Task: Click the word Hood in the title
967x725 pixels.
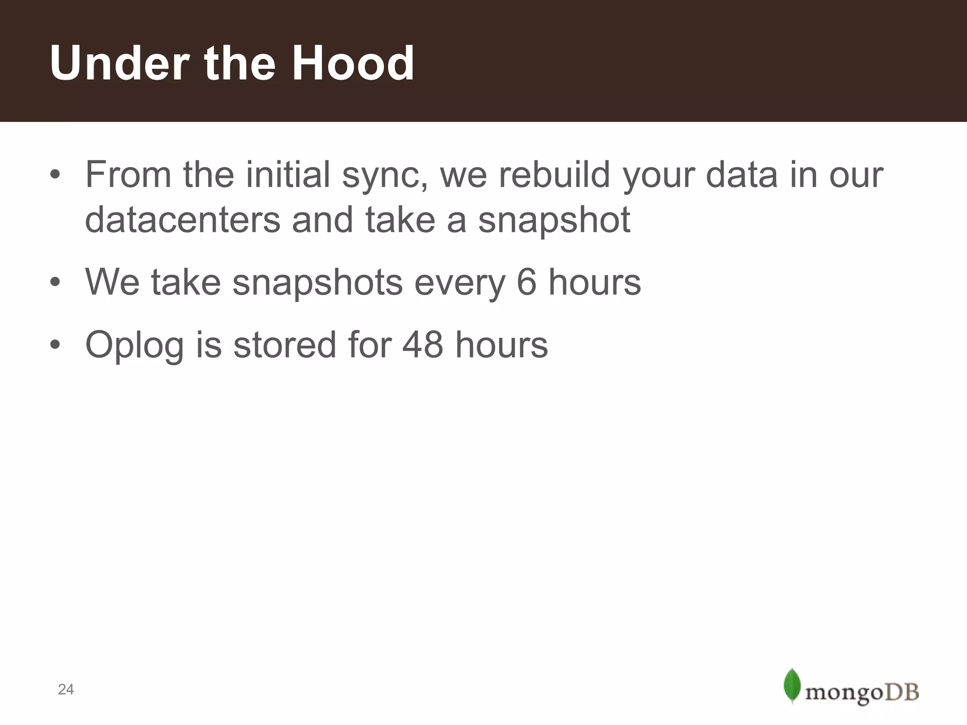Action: (x=352, y=63)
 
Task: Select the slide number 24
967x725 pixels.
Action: (x=66, y=690)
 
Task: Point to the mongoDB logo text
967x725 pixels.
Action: (x=862, y=693)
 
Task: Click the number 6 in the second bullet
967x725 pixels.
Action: (x=526, y=282)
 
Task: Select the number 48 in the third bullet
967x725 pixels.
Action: (x=423, y=345)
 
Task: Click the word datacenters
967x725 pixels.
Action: (x=182, y=220)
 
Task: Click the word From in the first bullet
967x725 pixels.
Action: (x=128, y=175)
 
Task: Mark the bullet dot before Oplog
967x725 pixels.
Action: (x=55, y=345)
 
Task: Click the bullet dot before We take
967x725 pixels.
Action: (x=55, y=283)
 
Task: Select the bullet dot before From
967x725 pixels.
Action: (x=55, y=175)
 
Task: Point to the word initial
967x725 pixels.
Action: (x=288, y=175)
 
